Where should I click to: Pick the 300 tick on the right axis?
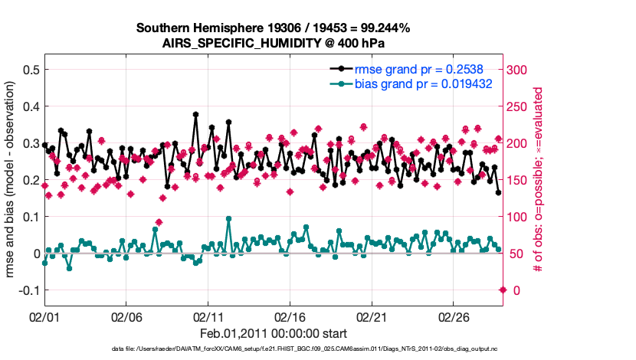point(520,70)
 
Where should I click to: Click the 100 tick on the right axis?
point(520,217)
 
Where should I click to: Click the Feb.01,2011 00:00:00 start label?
point(274,333)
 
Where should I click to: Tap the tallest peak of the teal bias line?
point(229,219)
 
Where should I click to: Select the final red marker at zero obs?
point(503,290)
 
